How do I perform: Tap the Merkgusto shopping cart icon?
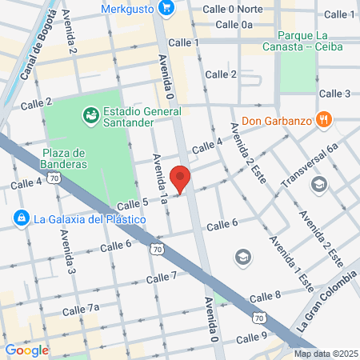click(166, 9)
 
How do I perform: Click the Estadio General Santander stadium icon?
click(91, 117)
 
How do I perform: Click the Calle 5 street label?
click(133, 205)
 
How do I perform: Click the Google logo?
click(26, 350)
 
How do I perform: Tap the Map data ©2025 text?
click(325, 354)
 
